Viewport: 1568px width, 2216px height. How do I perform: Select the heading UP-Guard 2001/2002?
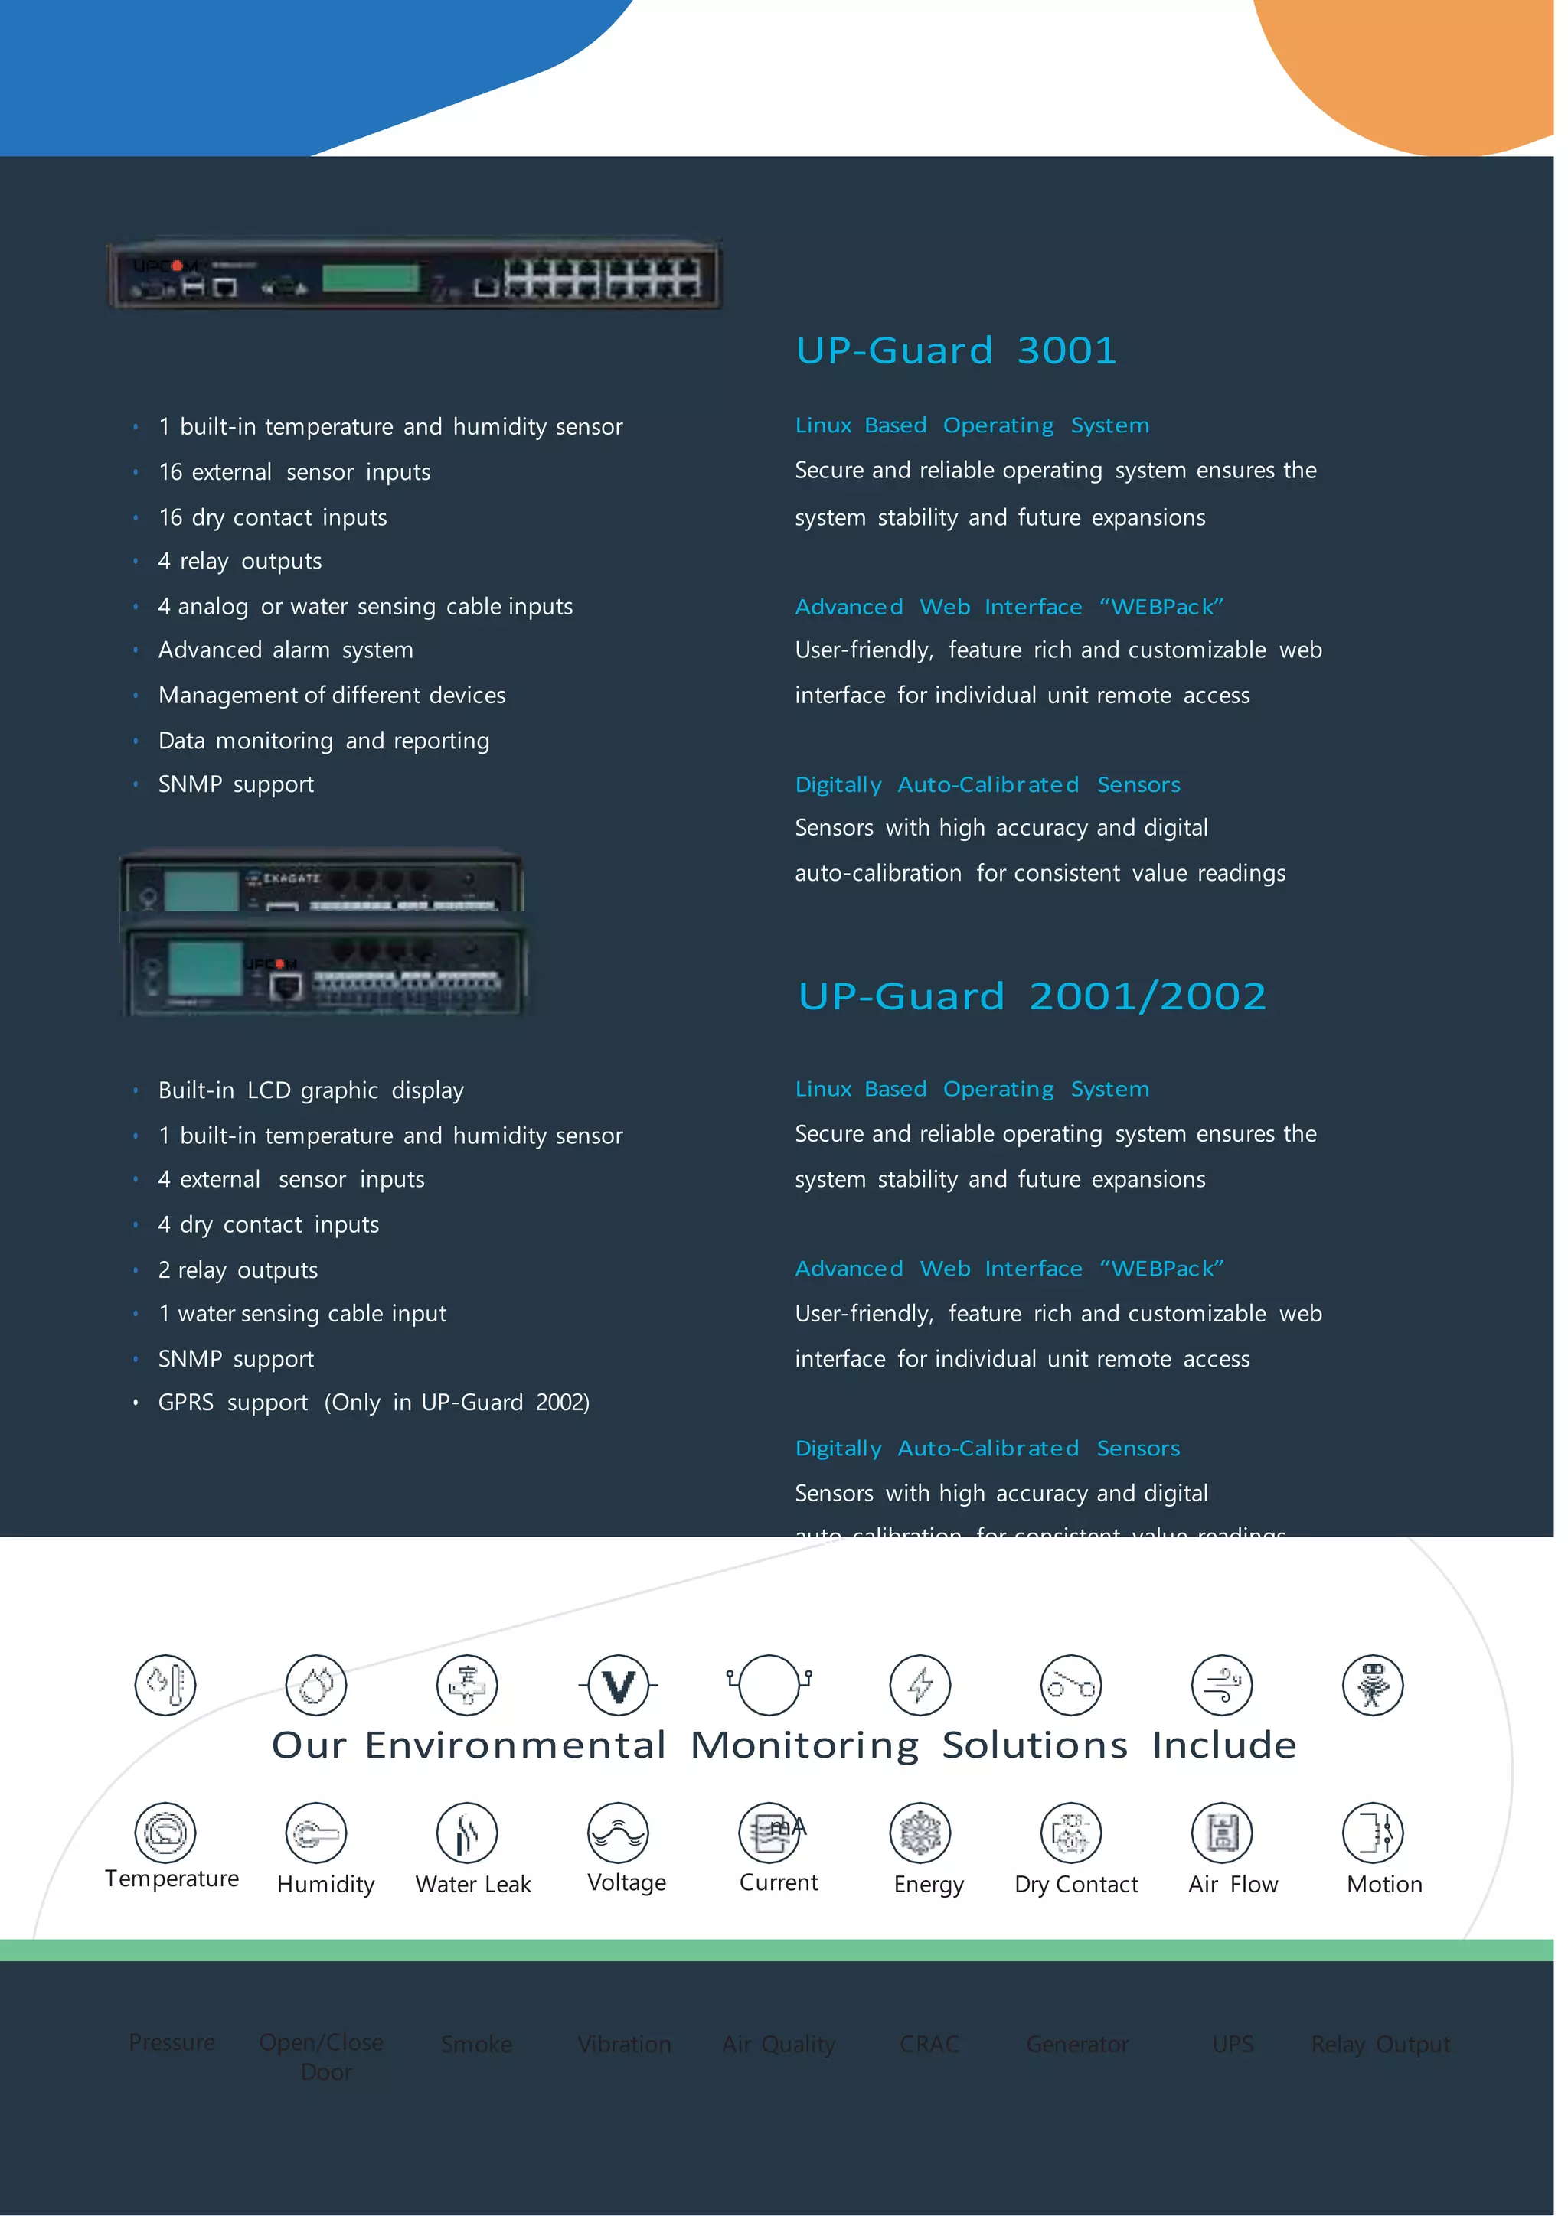[x=1031, y=996]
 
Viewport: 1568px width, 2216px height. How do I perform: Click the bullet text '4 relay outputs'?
[x=240, y=562]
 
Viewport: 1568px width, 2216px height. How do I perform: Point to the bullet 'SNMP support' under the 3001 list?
[x=236, y=784]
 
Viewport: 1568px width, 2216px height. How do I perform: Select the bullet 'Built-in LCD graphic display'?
[x=311, y=1090]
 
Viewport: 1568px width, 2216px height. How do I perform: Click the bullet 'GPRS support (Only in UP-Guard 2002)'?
[x=374, y=1403]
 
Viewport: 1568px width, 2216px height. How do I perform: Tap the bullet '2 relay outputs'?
[x=237, y=1270]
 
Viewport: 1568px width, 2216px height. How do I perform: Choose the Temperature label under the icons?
[x=171, y=1879]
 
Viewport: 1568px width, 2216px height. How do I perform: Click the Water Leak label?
[x=473, y=1884]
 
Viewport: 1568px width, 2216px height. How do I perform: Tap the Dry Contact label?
[x=1076, y=1884]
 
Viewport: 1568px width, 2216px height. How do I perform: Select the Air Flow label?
[x=1233, y=1884]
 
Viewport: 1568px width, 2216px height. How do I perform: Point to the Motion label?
[x=1383, y=1884]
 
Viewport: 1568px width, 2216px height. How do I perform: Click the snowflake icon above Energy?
[x=920, y=1833]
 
